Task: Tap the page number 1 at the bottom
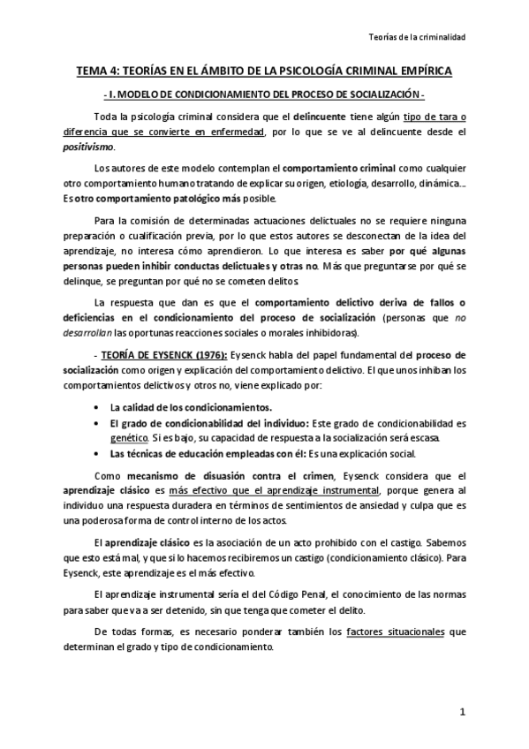461,711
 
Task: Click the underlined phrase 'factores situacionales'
397,631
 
